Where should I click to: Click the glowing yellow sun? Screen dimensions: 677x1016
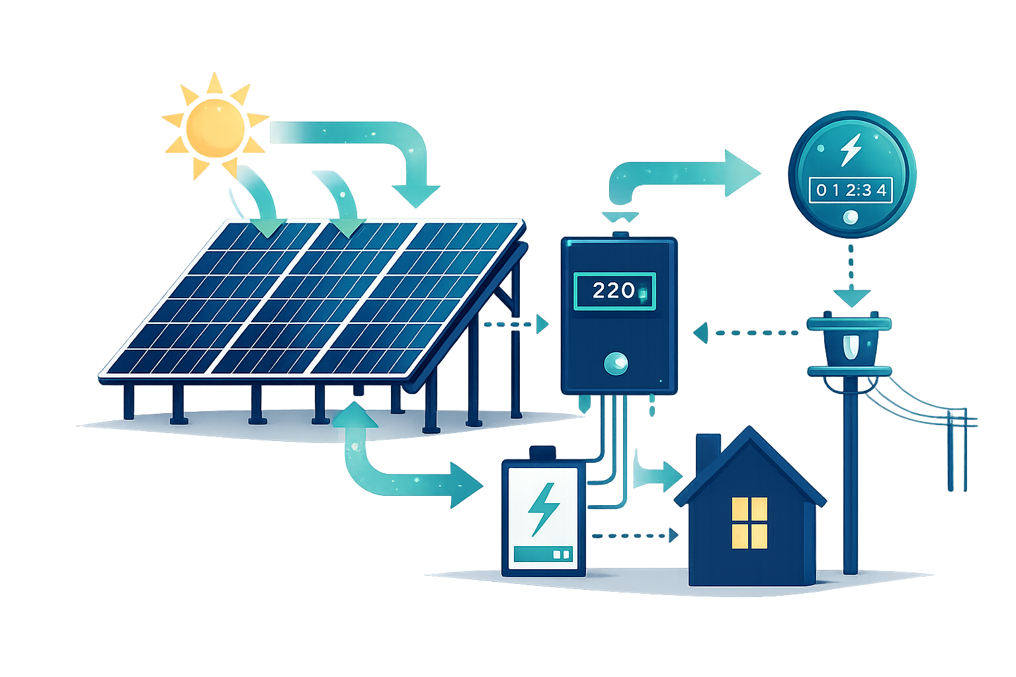213,126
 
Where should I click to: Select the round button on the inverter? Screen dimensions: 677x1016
616,362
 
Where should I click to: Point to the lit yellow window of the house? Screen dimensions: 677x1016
749,522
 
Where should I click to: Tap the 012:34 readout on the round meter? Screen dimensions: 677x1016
851,190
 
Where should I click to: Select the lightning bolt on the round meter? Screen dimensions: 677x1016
851,150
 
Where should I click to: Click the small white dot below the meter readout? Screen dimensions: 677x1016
851,217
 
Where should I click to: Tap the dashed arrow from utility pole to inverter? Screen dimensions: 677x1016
747,331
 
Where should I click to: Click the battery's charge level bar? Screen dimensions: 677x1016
543,554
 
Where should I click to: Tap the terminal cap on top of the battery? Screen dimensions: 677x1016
543,453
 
